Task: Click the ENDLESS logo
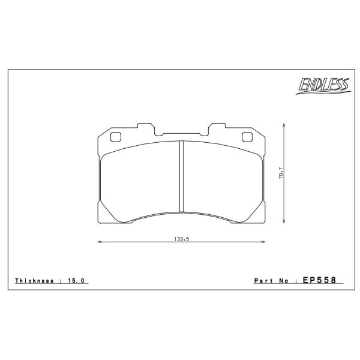pyautogui.click(x=323, y=86)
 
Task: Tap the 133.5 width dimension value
pyautogui.click(x=181, y=239)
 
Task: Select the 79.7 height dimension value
pyautogui.click(x=281, y=173)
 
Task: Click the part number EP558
pyautogui.click(x=319, y=280)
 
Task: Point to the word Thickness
pyautogui.click(x=34, y=281)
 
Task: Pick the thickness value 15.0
pyautogui.click(x=76, y=281)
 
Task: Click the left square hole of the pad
pyautogui.click(x=115, y=137)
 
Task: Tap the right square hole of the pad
pyautogui.click(x=247, y=137)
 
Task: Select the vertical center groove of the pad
pyautogui.click(x=181, y=176)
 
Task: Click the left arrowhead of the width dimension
pyautogui.click(x=100, y=242)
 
